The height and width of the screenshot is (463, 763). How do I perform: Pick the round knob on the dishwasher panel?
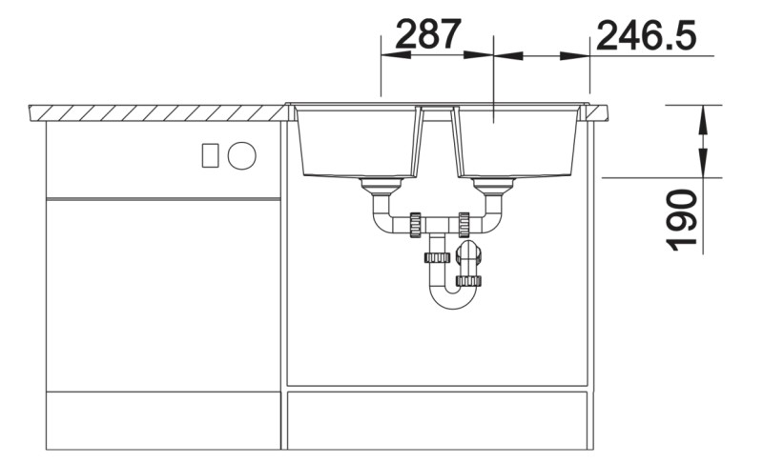[x=242, y=154]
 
